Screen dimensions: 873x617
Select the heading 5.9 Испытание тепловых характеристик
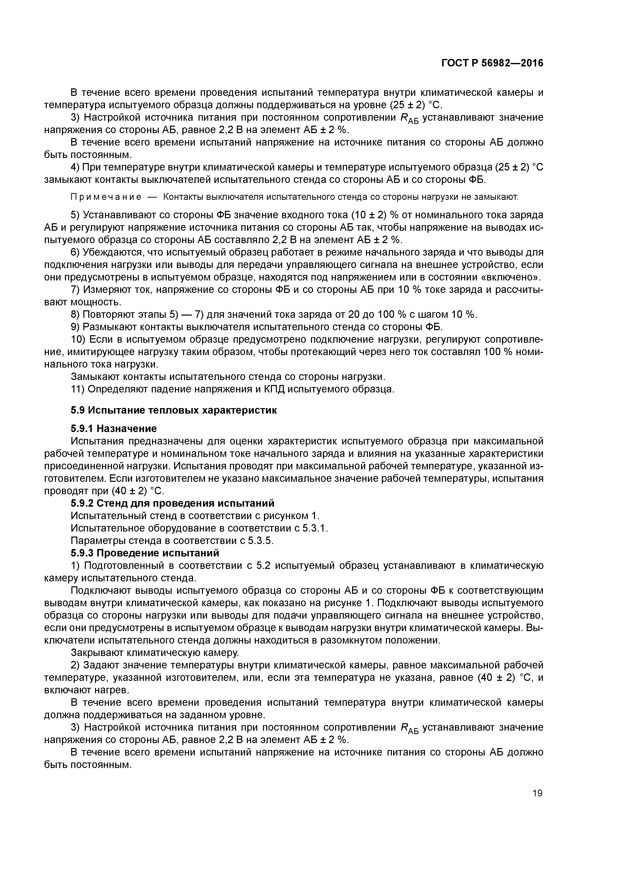(174, 410)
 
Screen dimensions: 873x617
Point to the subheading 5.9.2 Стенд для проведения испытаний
(172, 503)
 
